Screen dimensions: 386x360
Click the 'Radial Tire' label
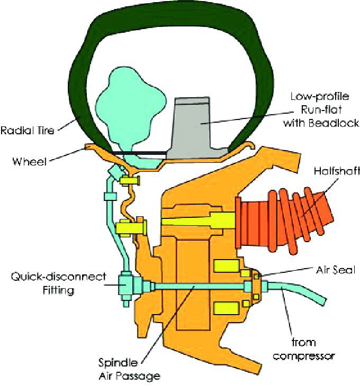pyautogui.click(x=28, y=130)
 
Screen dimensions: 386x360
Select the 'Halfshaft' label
pyautogui.click(x=335, y=171)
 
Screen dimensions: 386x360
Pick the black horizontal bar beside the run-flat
pyautogui.click(x=140, y=154)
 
